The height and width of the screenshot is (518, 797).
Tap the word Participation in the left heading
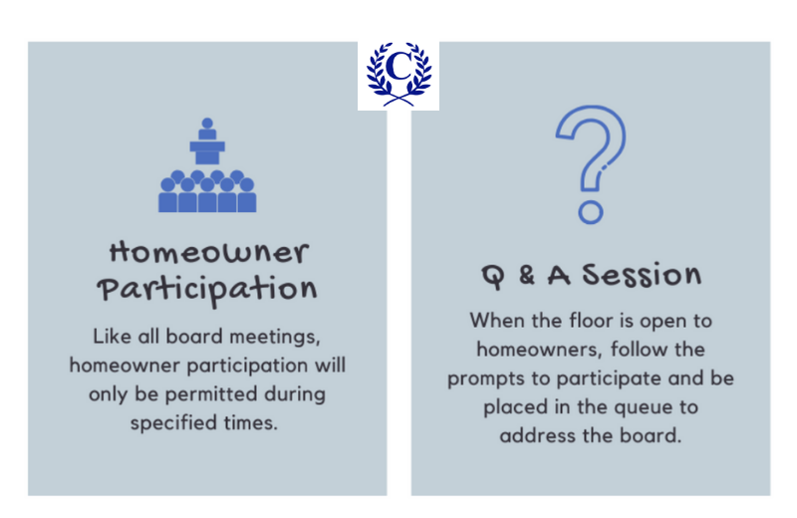[207, 290]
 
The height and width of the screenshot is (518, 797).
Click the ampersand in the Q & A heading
[527, 275]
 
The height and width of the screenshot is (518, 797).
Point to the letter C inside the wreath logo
[398, 67]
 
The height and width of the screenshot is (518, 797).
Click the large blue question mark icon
[591, 159]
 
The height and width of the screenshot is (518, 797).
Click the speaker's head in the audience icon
[207, 125]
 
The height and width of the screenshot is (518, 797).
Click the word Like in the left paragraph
[112, 336]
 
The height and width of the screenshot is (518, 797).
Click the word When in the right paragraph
[498, 321]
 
